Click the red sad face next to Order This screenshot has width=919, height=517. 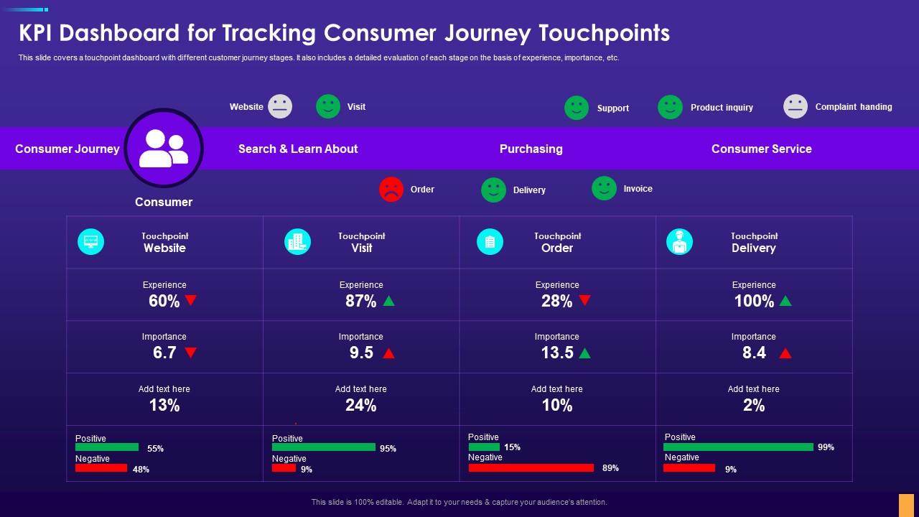(391, 190)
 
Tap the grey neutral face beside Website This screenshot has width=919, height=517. (280, 106)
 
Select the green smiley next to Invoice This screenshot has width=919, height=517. (604, 188)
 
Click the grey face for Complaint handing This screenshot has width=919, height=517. (796, 106)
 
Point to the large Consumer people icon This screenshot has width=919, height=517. (164, 149)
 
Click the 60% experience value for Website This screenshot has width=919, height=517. (164, 302)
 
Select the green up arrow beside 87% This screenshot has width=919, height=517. (388, 301)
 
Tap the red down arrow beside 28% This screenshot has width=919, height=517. (585, 300)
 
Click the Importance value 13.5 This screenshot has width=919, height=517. (557, 353)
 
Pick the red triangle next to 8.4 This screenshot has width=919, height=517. (785, 353)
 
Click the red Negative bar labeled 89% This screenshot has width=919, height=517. (531, 468)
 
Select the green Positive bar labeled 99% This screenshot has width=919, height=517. (738, 447)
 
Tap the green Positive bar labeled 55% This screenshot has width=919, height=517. (107, 447)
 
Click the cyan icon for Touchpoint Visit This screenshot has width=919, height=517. (297, 242)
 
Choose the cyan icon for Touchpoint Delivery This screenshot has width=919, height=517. (679, 242)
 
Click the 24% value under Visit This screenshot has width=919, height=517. (360, 406)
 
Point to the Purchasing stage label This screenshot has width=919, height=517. (531, 149)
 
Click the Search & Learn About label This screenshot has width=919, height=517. (298, 149)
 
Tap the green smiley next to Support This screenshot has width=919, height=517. (577, 108)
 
